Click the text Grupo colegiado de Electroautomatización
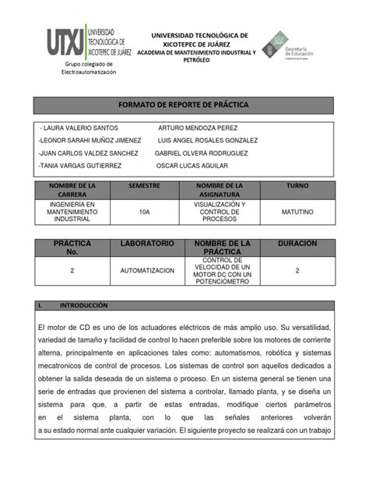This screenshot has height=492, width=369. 89,68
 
